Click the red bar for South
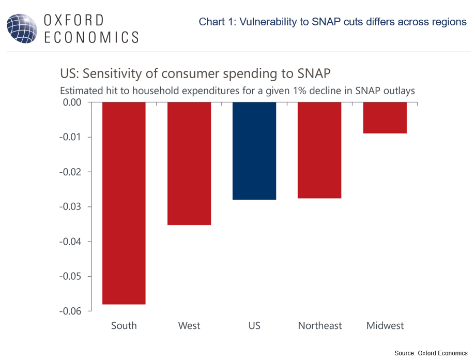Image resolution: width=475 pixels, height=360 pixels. tap(124, 203)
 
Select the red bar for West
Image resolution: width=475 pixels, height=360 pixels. tap(189, 163)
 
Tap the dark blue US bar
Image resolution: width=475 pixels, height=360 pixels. tap(254, 151)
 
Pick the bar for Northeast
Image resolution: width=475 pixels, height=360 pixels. tap(319, 150)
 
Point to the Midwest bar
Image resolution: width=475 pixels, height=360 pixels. tap(385, 118)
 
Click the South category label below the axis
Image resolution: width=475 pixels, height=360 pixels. tap(124, 326)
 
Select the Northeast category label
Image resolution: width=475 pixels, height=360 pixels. tap(320, 326)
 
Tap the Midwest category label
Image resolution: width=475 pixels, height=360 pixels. tap(385, 326)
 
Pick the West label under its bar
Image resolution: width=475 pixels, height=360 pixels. tap(189, 326)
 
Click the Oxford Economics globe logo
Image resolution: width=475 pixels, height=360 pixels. tap(21, 28)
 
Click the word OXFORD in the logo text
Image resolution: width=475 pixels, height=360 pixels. tap(74, 21)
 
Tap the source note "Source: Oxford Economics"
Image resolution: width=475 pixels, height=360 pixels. tap(431, 353)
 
